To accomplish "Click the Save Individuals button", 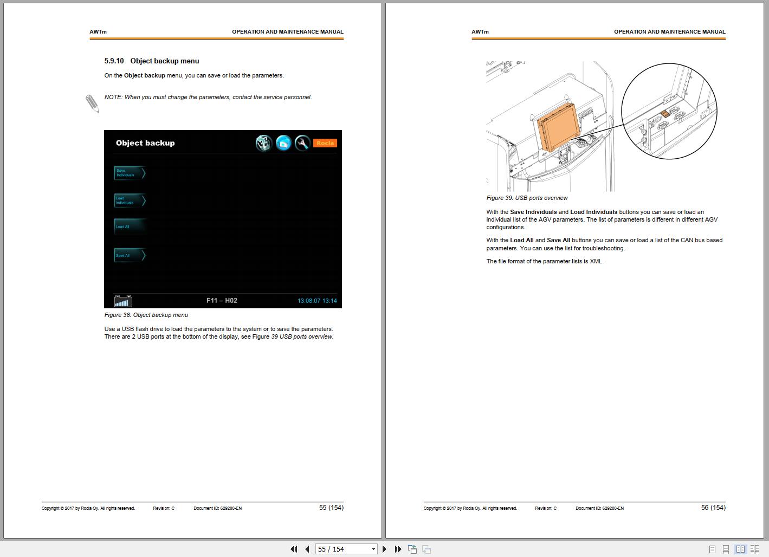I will pos(130,173).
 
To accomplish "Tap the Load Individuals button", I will pos(130,200).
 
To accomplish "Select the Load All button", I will pos(129,226).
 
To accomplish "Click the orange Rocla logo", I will pos(325,143).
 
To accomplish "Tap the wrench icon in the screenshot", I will pos(302,143).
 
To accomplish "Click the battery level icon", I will pos(123,301).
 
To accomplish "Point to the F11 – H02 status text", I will pos(222,301).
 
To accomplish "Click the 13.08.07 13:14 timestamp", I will pos(317,301).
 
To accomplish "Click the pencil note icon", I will pos(92,103).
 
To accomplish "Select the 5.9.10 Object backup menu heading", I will pos(152,61).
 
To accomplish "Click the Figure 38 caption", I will pos(146,315).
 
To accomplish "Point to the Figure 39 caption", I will pos(527,198).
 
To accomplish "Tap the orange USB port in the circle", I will pos(665,114).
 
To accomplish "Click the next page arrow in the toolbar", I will pos(385,549).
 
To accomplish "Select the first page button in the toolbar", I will pos(294,549).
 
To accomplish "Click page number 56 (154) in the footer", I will pos(713,508).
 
